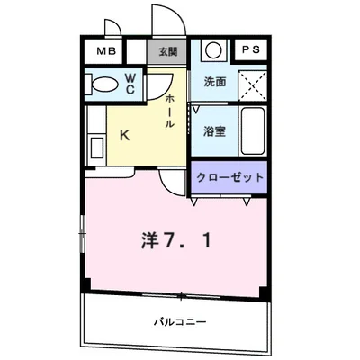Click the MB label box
tap(107, 51)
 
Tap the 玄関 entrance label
tap(168, 51)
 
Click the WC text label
tap(130, 84)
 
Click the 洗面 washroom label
tap(214, 81)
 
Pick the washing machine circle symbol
tap(213, 50)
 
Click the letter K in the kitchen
tap(126, 138)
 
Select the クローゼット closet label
tap(230, 176)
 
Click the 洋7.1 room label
tap(176, 241)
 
